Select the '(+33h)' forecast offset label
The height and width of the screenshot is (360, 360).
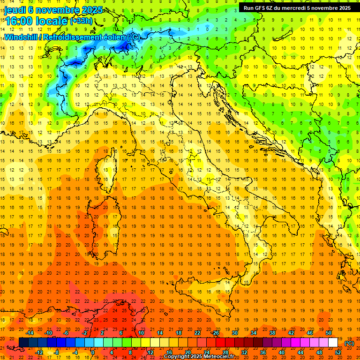click(x=82, y=21)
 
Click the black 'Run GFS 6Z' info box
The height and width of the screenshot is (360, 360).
click(x=297, y=7)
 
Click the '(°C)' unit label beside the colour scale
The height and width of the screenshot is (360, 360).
click(x=349, y=343)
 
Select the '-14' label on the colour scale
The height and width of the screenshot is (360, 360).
click(x=30, y=333)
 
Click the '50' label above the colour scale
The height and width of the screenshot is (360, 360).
click(x=329, y=333)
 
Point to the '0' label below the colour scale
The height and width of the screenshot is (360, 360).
click(x=92, y=352)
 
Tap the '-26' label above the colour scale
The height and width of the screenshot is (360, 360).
click(x=215, y=333)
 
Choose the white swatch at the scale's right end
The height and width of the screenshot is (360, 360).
click(x=333, y=343)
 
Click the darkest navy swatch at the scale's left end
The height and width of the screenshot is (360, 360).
click(x=23, y=343)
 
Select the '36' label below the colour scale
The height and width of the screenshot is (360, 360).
click(x=262, y=352)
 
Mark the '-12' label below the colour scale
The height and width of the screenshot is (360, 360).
click(x=39, y=352)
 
